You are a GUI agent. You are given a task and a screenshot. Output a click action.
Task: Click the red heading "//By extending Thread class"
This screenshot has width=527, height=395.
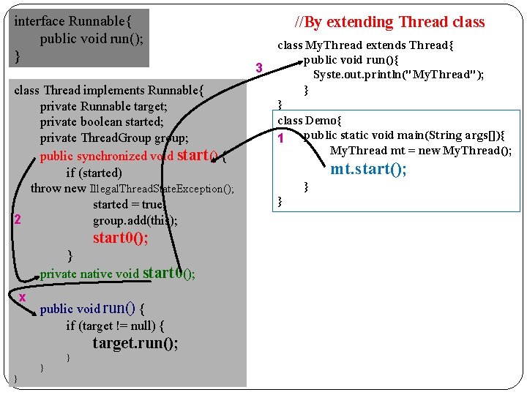click(x=389, y=22)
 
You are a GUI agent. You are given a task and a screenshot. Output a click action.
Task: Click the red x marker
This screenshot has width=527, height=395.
click(x=23, y=296)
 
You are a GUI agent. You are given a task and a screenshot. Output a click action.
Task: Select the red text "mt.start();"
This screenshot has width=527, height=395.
click(x=368, y=170)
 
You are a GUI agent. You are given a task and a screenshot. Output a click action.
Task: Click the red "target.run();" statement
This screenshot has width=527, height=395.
click(x=135, y=343)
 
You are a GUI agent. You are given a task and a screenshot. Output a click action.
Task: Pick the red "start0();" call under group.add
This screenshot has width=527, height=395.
click(x=120, y=238)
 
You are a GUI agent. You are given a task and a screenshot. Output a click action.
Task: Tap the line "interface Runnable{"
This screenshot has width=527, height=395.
click(x=72, y=21)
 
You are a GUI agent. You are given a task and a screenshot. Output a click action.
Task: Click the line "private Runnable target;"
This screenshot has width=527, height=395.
click(x=103, y=106)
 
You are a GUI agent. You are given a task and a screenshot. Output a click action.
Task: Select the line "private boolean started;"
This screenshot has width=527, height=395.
click(x=102, y=122)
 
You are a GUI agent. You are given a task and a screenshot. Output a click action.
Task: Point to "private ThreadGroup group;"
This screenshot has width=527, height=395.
click(x=113, y=138)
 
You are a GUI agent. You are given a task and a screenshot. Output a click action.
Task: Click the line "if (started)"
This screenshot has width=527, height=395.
click(x=94, y=173)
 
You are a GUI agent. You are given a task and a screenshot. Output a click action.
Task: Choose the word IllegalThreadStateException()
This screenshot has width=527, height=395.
click(x=162, y=189)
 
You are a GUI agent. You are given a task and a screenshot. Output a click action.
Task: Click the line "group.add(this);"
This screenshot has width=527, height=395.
click(x=135, y=220)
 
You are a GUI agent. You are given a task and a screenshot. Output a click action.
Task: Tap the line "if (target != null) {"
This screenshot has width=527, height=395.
click(x=115, y=326)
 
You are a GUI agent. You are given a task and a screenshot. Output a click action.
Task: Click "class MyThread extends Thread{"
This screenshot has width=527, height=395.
click(x=365, y=45)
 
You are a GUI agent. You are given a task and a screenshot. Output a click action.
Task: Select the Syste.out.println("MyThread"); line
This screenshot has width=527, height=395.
click(x=398, y=75)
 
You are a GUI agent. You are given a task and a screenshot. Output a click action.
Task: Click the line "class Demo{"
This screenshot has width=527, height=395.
click(x=310, y=120)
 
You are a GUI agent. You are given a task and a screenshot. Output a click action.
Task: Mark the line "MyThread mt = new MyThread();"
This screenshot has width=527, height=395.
click(x=420, y=151)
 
